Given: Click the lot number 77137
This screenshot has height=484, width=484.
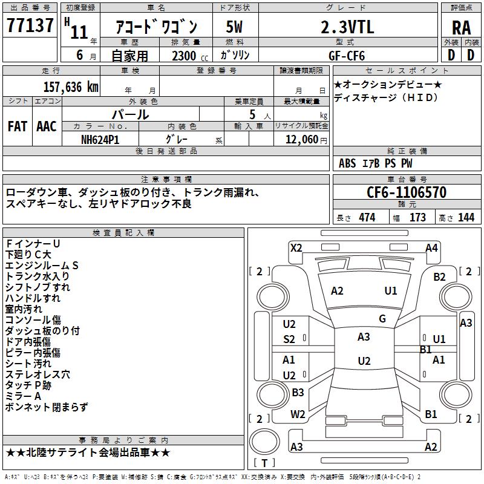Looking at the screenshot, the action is (x=30, y=25).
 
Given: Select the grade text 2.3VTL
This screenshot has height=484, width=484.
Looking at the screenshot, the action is (x=347, y=27).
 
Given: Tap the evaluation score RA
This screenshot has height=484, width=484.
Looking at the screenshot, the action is (x=461, y=28).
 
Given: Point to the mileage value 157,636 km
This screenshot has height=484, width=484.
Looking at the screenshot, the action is (x=71, y=87).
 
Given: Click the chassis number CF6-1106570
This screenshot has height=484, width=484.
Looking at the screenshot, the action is (x=407, y=192).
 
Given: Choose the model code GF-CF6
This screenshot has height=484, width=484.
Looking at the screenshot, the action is (x=347, y=56).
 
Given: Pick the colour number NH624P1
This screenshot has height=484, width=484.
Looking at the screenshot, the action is (x=100, y=140).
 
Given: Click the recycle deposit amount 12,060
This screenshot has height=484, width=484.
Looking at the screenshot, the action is (x=302, y=140).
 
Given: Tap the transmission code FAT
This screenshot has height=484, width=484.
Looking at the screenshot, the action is (x=18, y=126).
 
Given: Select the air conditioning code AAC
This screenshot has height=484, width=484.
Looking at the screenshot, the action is (x=47, y=126).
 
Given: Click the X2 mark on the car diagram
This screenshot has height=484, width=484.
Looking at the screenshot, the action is (x=296, y=248).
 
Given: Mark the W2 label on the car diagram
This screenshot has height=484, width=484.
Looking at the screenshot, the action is (x=298, y=414).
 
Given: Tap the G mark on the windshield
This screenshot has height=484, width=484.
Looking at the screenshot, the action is (x=382, y=319).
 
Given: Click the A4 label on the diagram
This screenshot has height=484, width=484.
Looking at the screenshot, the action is (x=431, y=248).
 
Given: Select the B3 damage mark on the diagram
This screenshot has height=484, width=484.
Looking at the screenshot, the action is (x=298, y=392).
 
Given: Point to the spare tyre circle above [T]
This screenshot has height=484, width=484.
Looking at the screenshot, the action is (x=264, y=442).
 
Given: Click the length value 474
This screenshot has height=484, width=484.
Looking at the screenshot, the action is (x=367, y=218).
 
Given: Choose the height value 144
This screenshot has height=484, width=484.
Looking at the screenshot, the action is (x=466, y=218).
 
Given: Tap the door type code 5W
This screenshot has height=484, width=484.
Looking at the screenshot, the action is (x=234, y=27).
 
